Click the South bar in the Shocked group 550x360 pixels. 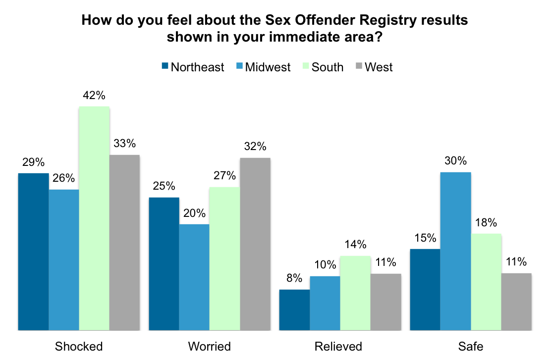pyautogui.click(x=94, y=218)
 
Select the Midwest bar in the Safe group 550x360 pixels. pyautogui.click(x=455, y=251)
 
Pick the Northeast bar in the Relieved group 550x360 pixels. pyautogui.click(x=294, y=309)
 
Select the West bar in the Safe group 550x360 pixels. pyautogui.click(x=516, y=301)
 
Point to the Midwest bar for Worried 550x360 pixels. pyautogui.click(x=194, y=277)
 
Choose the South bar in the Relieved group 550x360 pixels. pyautogui.click(x=355, y=293)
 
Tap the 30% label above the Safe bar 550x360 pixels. pyautogui.click(x=455, y=161)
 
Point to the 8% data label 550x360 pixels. pyautogui.click(x=294, y=278)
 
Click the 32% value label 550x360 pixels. pyautogui.click(x=255, y=147)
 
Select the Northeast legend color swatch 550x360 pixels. pyautogui.click(x=165, y=66)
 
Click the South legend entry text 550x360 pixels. pyautogui.click(x=328, y=67)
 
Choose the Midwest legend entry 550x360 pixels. pyautogui.click(x=268, y=67)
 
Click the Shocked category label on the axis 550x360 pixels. pyautogui.click(x=79, y=346)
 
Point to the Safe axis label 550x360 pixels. pyautogui.click(x=471, y=346)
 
